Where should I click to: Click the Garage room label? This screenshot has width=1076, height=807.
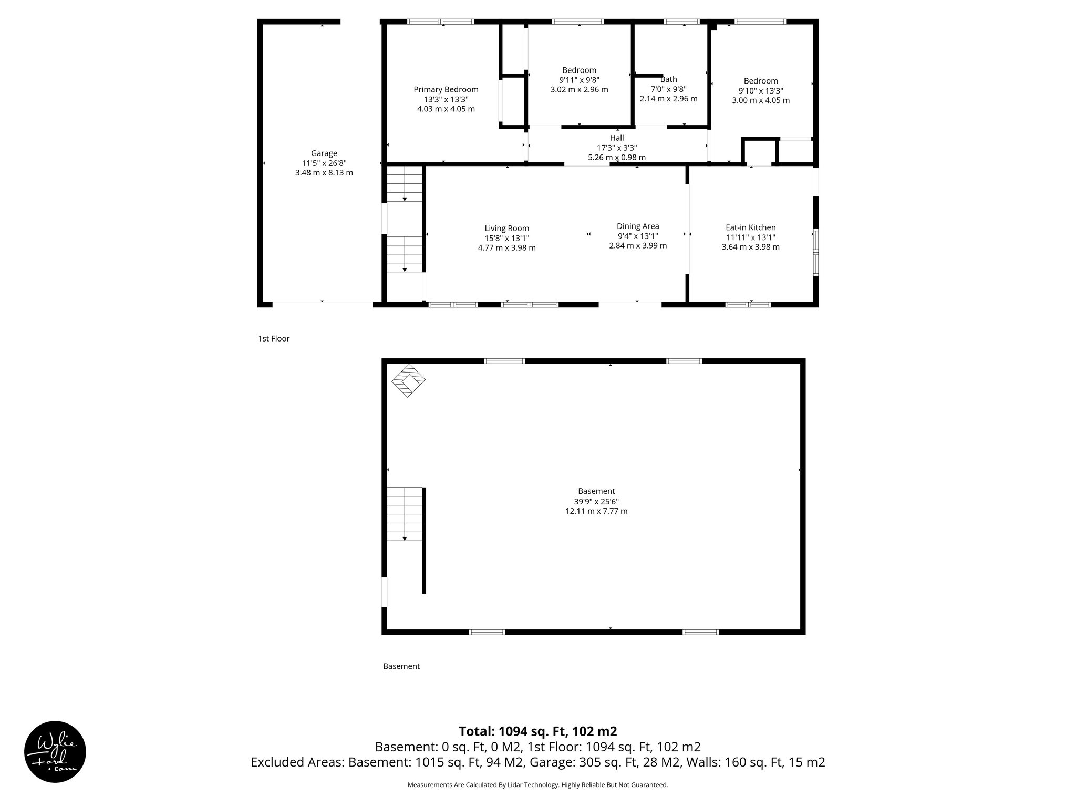[324, 153]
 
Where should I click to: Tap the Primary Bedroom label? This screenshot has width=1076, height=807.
[446, 89]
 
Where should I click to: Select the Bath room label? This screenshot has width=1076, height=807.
[668, 79]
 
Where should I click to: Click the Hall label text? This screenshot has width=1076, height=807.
[617, 138]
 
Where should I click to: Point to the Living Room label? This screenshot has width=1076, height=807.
[506, 228]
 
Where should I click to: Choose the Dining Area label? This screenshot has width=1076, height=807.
[638, 226]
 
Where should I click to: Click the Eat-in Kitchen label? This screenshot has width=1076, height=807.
[750, 227]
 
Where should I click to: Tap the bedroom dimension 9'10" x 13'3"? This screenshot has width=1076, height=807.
[760, 90]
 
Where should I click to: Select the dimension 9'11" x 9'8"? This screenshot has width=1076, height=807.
[579, 80]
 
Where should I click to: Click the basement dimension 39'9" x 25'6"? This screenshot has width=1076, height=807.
[596, 501]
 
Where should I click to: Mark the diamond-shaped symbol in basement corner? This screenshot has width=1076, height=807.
[408, 380]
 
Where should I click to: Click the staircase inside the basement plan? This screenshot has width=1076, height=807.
[405, 514]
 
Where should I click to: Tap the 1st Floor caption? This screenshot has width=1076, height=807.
[274, 339]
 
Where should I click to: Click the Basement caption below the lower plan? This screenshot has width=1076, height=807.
[401, 666]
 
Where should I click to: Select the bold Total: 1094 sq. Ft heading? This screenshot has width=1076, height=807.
[537, 731]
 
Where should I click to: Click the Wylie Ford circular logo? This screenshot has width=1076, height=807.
[55, 752]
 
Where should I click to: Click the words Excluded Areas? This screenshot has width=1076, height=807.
[297, 762]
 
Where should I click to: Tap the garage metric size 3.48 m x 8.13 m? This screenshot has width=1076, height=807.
[324, 172]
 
